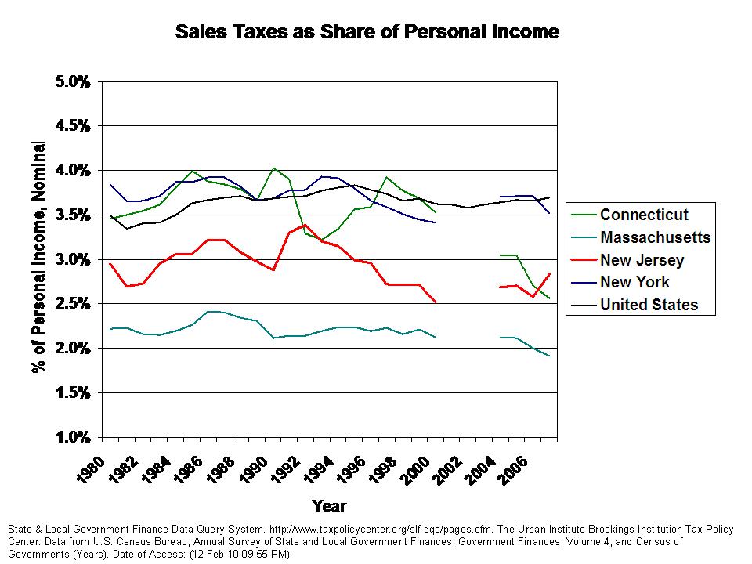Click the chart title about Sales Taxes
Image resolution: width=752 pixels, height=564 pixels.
pos(367,32)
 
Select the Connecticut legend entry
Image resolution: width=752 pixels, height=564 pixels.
pos(645,215)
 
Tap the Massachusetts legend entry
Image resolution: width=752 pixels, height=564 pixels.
pos(655,237)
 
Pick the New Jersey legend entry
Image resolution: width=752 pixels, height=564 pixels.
pos(642,260)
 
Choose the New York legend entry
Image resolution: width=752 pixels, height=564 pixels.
pos(634,282)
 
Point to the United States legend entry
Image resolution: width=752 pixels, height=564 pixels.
pos(649,305)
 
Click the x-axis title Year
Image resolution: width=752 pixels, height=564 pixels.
pos(329,505)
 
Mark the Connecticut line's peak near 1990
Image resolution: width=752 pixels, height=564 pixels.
pos(273,168)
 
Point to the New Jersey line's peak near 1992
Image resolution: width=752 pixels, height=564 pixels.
pos(305,225)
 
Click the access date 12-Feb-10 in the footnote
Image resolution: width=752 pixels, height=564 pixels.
pos(223,554)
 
